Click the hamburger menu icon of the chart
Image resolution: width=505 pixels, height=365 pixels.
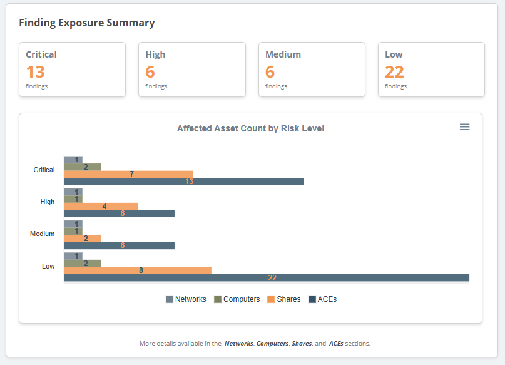(x=464, y=127)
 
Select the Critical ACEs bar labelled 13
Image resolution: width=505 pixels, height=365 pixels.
(x=183, y=182)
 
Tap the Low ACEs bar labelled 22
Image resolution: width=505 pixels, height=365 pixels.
(x=267, y=278)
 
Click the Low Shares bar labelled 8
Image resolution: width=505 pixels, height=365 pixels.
(x=138, y=270)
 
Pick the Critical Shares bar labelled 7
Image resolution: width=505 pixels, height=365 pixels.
(x=128, y=174)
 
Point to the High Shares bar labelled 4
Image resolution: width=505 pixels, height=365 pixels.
(x=101, y=206)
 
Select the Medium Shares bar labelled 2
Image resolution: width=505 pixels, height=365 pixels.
(x=82, y=239)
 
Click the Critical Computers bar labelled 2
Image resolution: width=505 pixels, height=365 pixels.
(x=82, y=167)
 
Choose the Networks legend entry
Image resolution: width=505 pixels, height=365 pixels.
(x=186, y=299)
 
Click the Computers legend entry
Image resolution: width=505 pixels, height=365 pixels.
(x=237, y=299)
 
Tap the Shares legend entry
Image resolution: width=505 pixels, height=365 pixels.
(x=283, y=299)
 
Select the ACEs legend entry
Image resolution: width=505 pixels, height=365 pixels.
(x=322, y=299)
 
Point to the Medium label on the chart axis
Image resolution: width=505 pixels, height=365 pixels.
(x=42, y=234)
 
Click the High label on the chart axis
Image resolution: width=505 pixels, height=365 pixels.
(x=47, y=202)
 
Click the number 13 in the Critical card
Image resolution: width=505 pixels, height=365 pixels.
(x=36, y=71)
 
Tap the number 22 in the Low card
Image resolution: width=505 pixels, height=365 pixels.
(x=394, y=71)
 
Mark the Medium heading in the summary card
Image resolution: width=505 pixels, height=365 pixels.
(x=283, y=54)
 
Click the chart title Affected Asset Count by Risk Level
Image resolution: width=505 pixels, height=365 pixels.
(x=250, y=128)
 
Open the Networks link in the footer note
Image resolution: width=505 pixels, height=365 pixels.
(x=239, y=344)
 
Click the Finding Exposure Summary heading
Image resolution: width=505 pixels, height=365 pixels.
(x=86, y=23)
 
